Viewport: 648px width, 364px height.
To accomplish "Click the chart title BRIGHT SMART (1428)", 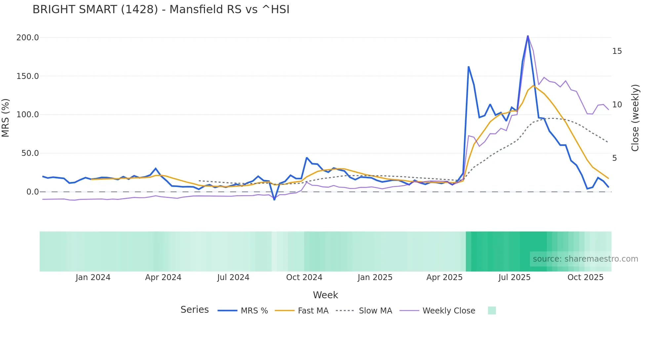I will point(161,10).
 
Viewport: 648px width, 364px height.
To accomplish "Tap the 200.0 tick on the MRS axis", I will point(28,38).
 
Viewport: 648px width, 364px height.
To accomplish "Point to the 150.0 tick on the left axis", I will point(28,76).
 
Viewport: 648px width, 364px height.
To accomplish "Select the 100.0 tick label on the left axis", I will point(28,115).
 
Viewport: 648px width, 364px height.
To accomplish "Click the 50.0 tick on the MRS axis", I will point(30,153).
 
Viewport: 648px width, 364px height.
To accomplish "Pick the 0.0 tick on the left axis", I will point(32,192).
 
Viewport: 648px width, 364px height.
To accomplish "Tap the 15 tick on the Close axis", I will point(617,51).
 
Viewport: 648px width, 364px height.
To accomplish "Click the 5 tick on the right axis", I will point(615,158).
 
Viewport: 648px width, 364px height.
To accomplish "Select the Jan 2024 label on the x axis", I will point(93,277).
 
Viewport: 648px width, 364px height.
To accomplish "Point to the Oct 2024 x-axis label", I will point(304,277).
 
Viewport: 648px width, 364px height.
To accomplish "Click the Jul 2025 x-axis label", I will point(514,277).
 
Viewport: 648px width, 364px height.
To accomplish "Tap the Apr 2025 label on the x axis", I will point(444,277).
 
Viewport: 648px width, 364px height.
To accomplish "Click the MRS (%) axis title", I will point(6,118).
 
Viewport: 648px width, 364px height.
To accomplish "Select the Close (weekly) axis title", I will point(635,118).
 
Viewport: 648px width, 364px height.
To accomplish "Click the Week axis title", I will point(325,295).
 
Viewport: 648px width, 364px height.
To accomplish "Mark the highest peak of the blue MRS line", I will point(528,36).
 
